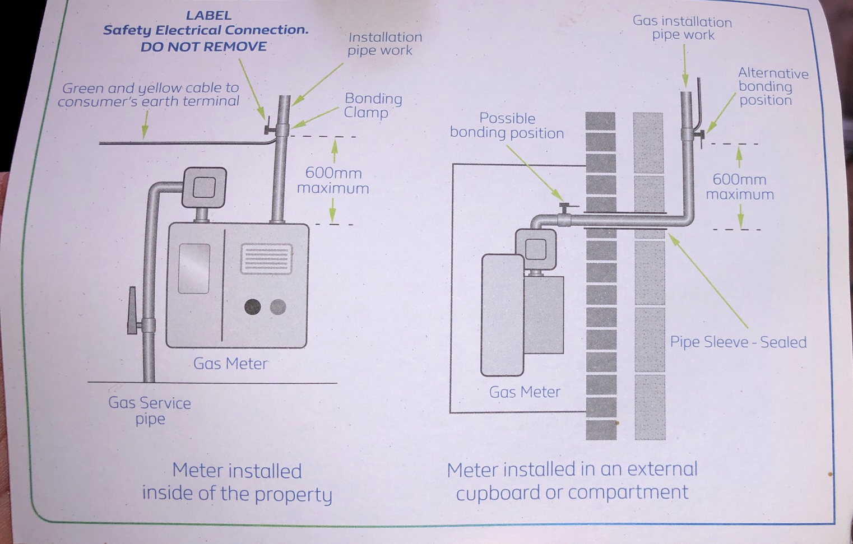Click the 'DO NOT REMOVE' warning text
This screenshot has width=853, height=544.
point(203,47)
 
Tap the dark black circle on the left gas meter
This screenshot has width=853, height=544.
point(252,306)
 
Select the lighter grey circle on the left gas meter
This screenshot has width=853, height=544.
point(278,306)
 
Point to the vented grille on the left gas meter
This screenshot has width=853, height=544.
point(267,259)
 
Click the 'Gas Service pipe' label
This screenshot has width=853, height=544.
point(150,411)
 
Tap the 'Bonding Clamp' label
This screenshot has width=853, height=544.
point(373,105)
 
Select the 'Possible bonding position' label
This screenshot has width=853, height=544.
point(507,126)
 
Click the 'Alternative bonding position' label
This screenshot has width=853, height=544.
point(772,87)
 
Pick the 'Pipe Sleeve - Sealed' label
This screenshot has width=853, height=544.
point(738,342)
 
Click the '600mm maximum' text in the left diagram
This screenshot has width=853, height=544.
point(333,180)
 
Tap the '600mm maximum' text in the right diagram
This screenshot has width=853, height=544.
point(739,187)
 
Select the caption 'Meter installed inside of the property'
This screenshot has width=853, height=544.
point(237,482)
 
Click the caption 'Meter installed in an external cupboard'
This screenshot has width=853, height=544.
point(572,481)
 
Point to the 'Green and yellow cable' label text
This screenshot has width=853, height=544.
point(149,95)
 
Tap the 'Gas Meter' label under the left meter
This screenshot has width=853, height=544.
point(230,364)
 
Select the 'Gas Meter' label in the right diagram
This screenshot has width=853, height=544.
point(525,392)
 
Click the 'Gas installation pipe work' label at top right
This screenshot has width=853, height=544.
point(682,29)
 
